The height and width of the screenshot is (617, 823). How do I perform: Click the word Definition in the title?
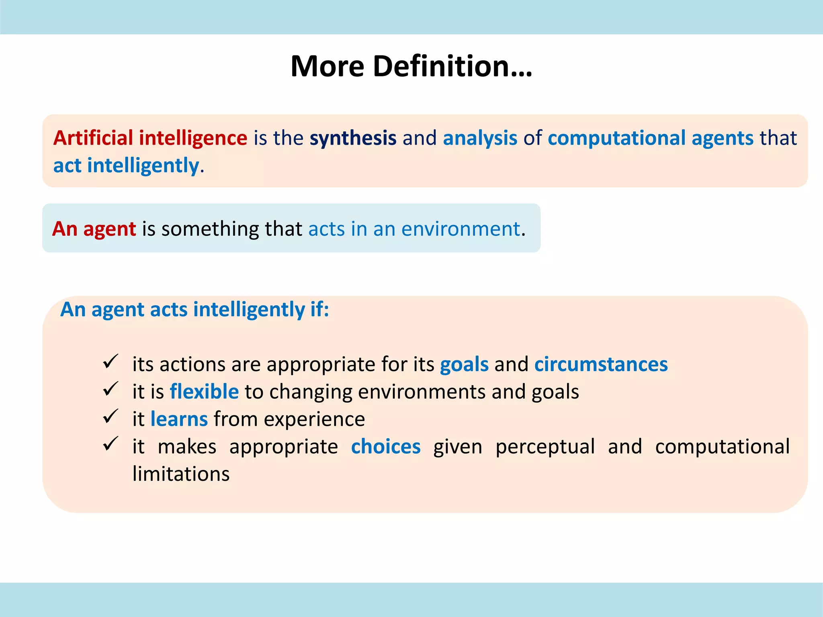452,66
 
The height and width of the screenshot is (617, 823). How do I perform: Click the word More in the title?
327,66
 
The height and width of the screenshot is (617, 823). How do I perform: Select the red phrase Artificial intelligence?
150,138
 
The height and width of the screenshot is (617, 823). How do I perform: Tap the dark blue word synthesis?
353,138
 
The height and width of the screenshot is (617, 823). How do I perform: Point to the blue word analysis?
480,138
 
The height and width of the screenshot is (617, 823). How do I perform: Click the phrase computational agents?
650,138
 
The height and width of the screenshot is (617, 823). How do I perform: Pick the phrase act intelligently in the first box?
126,165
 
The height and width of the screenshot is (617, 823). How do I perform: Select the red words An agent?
94,229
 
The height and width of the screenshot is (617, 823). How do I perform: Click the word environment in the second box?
461,229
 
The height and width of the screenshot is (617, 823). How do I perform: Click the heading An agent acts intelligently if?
194,310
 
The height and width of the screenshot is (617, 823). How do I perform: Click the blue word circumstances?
601,365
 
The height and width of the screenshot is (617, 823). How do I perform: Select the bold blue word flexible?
204,392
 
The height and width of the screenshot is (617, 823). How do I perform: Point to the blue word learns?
179,419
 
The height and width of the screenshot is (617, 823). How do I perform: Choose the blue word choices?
385,447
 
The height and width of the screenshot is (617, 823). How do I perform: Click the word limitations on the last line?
181,474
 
